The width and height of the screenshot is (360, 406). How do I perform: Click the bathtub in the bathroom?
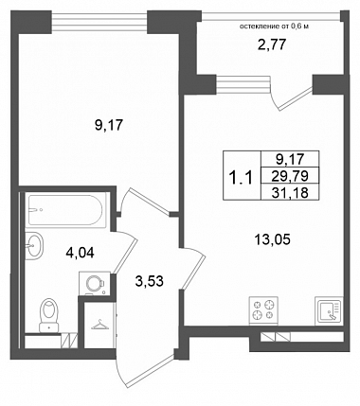click(x=65, y=210)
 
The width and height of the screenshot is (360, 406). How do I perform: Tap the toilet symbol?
click(x=49, y=314)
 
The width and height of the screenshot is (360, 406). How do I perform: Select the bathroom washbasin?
click(x=34, y=246)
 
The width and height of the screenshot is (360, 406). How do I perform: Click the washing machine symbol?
click(x=94, y=283)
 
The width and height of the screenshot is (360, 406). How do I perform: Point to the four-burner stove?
click(x=263, y=310)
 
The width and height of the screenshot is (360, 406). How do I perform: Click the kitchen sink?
click(x=329, y=310)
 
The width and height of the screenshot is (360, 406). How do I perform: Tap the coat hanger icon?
click(x=99, y=325)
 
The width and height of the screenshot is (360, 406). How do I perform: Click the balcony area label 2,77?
click(x=272, y=45)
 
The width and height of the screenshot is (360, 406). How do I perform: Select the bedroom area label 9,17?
click(x=108, y=126)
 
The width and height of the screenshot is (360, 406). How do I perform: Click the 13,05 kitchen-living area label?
click(x=272, y=240)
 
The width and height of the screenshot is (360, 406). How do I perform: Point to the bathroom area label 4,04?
click(x=80, y=253)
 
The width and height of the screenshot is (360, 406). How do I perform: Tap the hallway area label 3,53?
click(x=149, y=281)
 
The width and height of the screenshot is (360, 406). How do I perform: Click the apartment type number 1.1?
click(x=242, y=178)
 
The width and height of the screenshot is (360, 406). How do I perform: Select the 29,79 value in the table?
click(x=290, y=176)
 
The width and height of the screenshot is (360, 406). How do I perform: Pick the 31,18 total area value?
click(x=290, y=193)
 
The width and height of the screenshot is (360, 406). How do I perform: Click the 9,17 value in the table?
click(x=290, y=159)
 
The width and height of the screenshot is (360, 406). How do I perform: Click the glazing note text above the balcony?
click(x=274, y=26)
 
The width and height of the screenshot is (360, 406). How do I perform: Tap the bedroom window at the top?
click(x=99, y=22)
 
